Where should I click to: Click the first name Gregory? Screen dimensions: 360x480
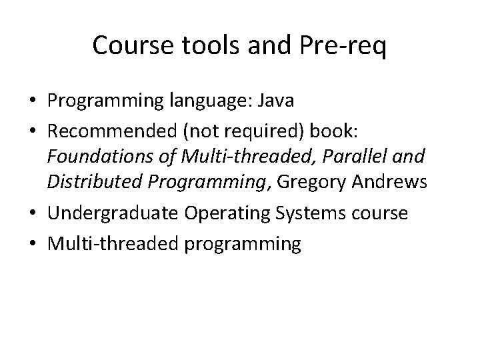[x=311, y=181]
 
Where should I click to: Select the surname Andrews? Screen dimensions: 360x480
[x=393, y=181]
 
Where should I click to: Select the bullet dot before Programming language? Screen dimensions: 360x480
[x=32, y=102]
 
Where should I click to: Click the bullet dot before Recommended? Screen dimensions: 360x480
[x=32, y=129]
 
